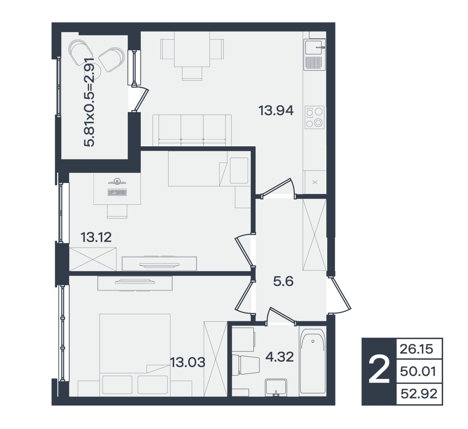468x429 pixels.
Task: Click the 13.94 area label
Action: point(276,111)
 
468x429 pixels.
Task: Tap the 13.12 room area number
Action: point(96,237)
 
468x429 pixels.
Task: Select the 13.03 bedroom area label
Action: point(188,362)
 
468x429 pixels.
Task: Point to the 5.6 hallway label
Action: point(283,282)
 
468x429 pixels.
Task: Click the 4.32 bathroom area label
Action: point(280,357)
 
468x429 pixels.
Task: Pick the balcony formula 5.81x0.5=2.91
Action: point(89,102)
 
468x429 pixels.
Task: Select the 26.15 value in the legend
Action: point(416,349)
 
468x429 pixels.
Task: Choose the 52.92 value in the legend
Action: point(419,394)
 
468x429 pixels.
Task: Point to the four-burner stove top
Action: point(314,117)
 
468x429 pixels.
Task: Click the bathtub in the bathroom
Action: point(313,363)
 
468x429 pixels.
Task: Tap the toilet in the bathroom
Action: point(246,365)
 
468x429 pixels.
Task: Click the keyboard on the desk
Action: point(117,192)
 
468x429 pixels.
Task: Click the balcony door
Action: point(140,99)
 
